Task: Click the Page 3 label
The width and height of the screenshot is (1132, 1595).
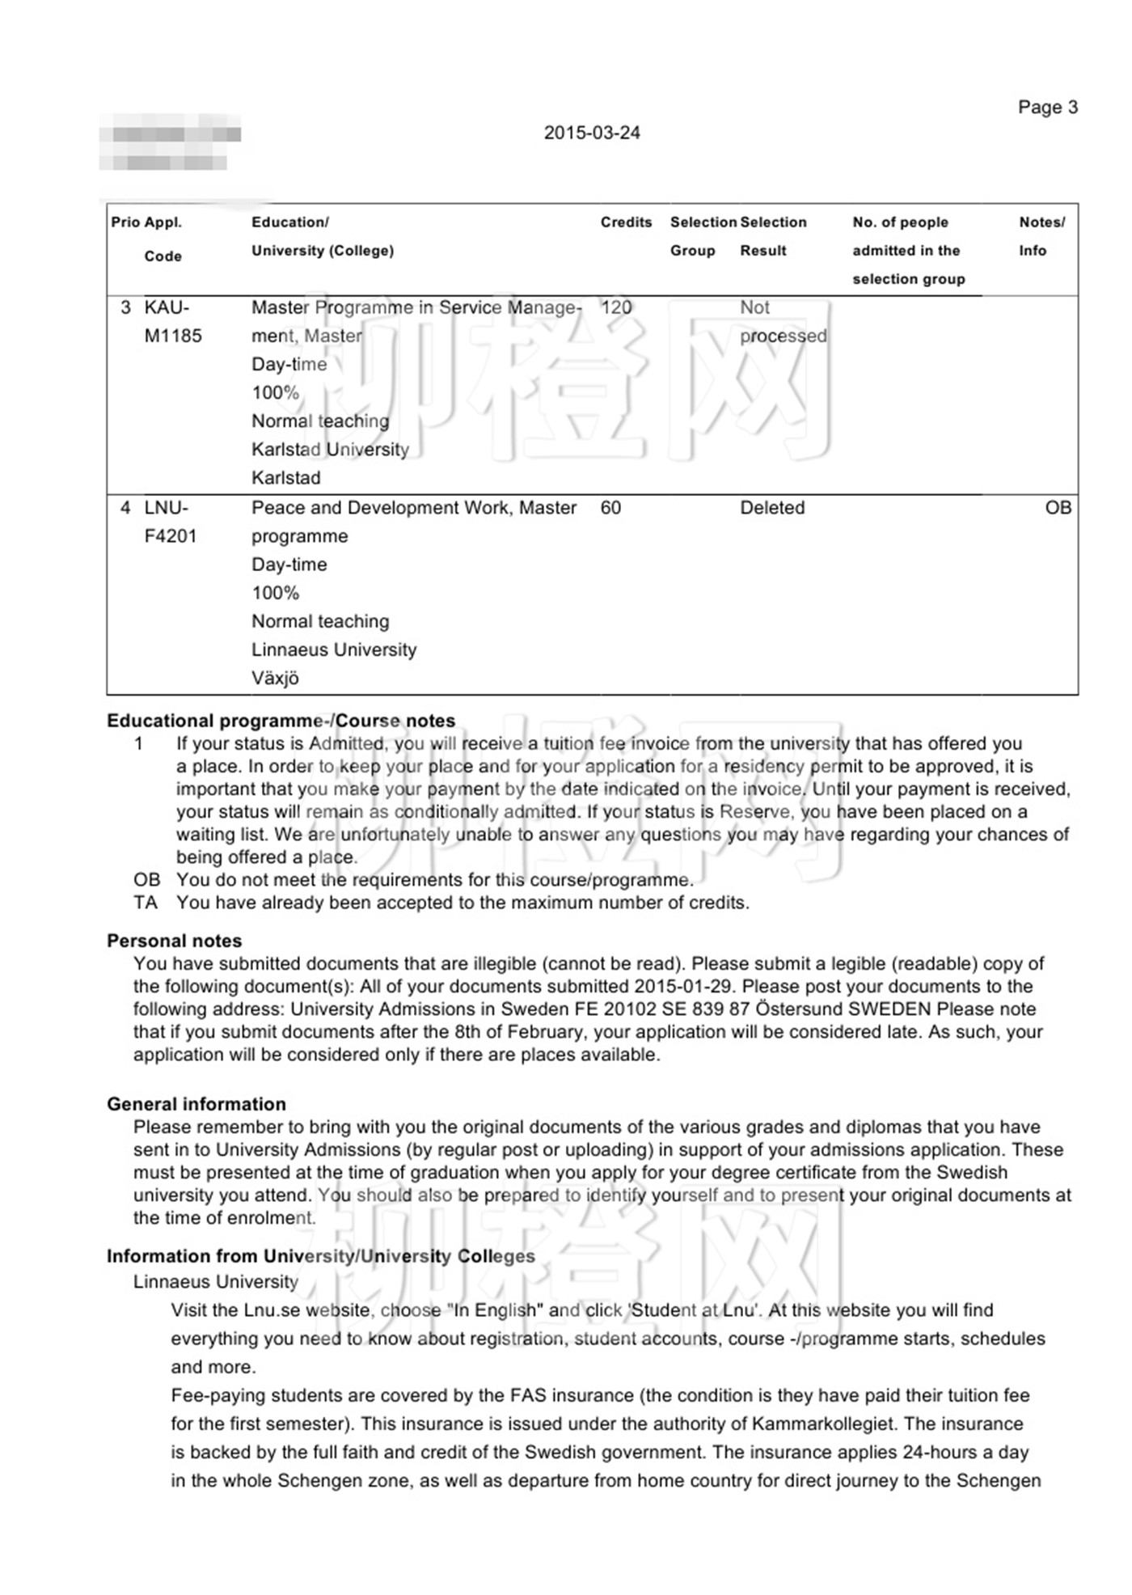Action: click(x=1047, y=108)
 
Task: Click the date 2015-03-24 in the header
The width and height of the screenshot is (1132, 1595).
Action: click(x=592, y=133)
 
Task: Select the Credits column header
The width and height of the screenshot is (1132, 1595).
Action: click(x=626, y=222)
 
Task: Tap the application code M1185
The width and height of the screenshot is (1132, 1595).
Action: click(x=173, y=336)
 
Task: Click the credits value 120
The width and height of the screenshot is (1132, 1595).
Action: click(x=616, y=307)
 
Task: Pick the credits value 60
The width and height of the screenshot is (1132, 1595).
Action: click(x=610, y=508)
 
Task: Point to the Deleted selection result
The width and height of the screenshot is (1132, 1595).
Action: click(x=772, y=508)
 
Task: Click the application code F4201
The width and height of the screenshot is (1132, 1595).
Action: click(x=171, y=536)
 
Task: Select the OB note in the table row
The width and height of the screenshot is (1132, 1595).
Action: click(x=1058, y=508)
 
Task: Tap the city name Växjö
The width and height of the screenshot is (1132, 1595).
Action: click(x=275, y=678)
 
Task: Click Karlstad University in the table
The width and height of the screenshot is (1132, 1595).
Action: click(x=330, y=449)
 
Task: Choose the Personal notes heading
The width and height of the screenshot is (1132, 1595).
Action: click(x=174, y=941)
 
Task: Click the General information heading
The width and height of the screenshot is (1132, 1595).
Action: click(x=196, y=1104)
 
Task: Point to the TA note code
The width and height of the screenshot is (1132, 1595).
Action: click(x=146, y=903)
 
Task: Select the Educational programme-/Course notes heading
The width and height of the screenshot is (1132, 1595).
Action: click(x=281, y=721)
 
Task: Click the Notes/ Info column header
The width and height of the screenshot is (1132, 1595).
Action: click(x=1041, y=236)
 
